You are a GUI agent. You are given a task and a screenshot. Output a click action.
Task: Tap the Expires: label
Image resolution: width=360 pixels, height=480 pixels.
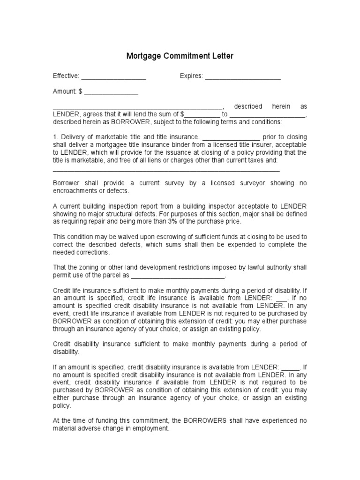tap(191, 76)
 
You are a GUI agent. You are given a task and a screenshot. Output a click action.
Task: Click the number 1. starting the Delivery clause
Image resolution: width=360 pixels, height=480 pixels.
tap(55, 137)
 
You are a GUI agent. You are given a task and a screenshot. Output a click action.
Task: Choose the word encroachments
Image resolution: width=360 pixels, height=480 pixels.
tap(75, 191)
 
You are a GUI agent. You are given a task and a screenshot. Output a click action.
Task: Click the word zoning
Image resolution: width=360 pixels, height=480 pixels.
tap(89, 267)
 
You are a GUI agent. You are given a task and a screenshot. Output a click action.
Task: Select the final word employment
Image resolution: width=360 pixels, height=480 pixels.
tap(151, 428)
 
